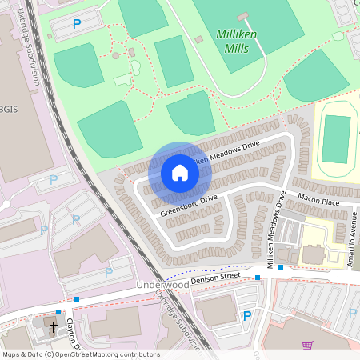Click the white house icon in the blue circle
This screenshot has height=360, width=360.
point(179,173)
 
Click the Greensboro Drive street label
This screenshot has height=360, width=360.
point(188,205)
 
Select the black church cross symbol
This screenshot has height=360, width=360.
point(54,327)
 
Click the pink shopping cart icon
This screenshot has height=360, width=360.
point(307,346)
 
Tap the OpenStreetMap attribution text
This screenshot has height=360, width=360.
point(80,354)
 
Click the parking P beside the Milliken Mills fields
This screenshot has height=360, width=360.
point(77,24)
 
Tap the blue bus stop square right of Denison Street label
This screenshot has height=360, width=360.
point(258,278)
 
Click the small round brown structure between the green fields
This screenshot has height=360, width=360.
point(116,55)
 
